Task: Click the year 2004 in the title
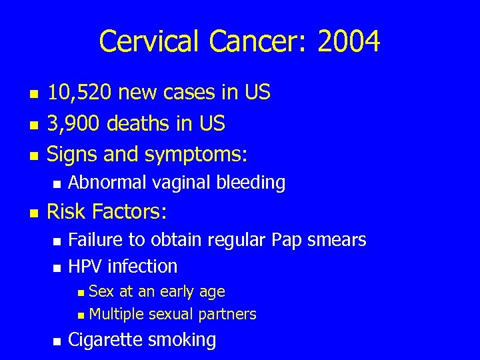(x=349, y=41)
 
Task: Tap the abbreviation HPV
(x=85, y=266)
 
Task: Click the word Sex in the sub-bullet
(x=101, y=291)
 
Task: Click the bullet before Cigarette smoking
(x=57, y=341)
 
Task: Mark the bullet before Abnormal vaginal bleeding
(x=57, y=183)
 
